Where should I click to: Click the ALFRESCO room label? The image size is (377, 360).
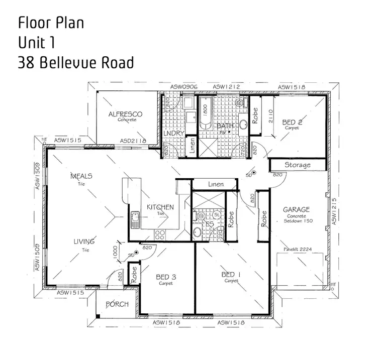coord(125,114)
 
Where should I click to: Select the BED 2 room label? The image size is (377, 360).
coord(292,122)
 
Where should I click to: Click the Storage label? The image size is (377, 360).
coord(298,165)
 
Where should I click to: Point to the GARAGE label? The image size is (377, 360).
coord(296,209)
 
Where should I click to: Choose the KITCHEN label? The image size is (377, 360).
coord(160,207)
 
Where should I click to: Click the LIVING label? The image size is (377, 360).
coord(84,242)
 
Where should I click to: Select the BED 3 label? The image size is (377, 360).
coord(166,277)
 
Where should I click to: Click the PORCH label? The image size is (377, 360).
coord(117,304)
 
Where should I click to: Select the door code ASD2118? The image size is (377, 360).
coord(133,141)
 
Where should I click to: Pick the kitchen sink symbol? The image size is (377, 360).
coord(134,220)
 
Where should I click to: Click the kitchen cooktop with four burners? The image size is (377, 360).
coord(161,234)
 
